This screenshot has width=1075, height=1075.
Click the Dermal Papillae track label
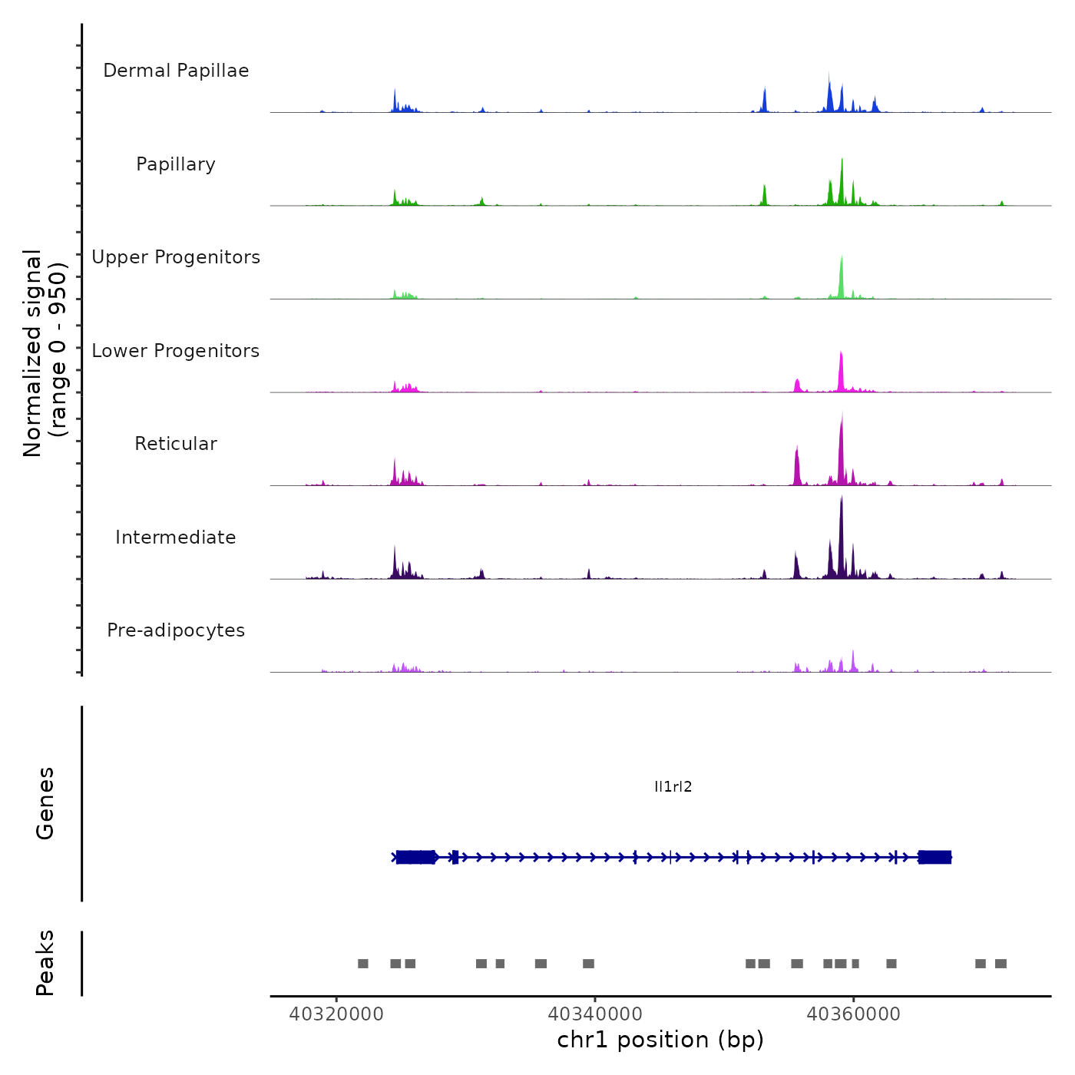pyautogui.click(x=176, y=71)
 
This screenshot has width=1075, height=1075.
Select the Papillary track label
pyautogui.click(x=176, y=164)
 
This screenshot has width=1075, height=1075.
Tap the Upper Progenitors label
pyautogui.click(x=176, y=257)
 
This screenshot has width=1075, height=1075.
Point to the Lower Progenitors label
pyautogui.click(x=176, y=351)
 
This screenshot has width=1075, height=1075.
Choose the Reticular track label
pyautogui.click(x=176, y=444)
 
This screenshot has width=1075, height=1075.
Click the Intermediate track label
pyautogui.click(x=176, y=537)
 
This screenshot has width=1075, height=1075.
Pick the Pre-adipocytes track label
pyautogui.click(x=176, y=630)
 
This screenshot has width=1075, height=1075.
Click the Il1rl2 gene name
pyautogui.click(x=673, y=786)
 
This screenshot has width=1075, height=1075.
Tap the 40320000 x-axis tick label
pyautogui.click(x=336, y=1014)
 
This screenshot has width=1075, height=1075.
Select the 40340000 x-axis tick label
pyautogui.click(x=595, y=1014)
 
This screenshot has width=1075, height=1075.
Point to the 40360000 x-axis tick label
pyautogui.click(x=854, y=1014)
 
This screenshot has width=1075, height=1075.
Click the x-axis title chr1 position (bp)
pyautogui.click(x=660, y=1040)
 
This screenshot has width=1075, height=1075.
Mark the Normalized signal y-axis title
pyautogui.click(x=45, y=353)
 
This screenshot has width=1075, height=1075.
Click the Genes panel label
pyautogui.click(x=45, y=803)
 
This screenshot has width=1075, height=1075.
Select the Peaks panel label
pyautogui.click(x=45, y=963)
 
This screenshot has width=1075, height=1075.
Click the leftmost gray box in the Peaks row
pyautogui.click(x=363, y=964)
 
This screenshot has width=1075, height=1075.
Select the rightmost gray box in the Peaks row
pyautogui.click(x=1001, y=964)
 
